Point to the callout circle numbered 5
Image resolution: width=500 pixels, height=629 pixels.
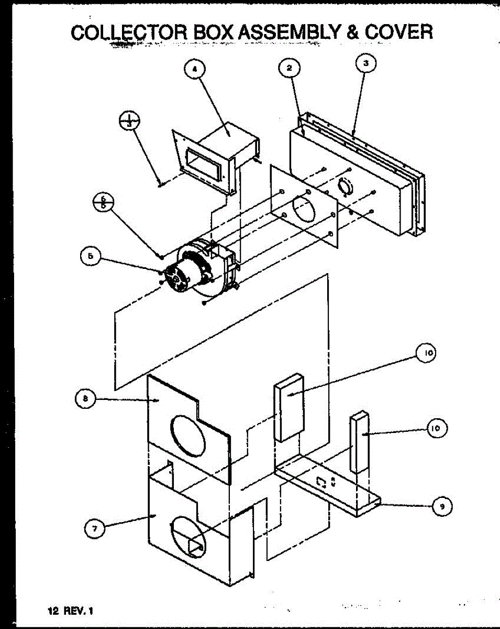pyautogui.click(x=90, y=257)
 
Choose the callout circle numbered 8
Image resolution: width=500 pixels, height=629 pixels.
pyautogui.click(x=85, y=399)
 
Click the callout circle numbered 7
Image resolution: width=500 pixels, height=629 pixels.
pyautogui.click(x=95, y=529)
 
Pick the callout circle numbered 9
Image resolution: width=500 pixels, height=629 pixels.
pyautogui.click(x=442, y=506)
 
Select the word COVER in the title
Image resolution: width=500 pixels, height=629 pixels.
pyautogui.click(x=399, y=32)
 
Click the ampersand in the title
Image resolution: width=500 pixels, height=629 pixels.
pyautogui.click(x=352, y=32)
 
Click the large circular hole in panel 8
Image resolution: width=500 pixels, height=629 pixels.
pyautogui.click(x=188, y=437)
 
